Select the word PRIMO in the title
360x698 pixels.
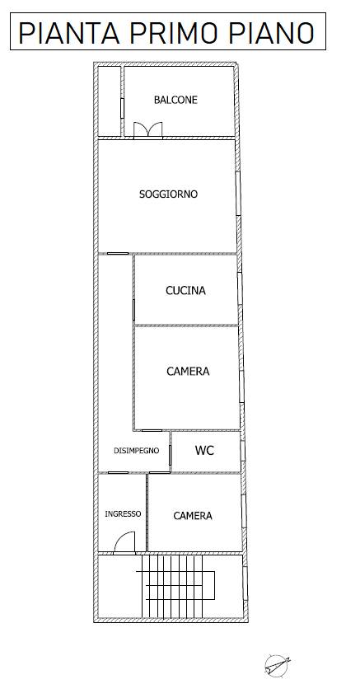(x=177, y=33)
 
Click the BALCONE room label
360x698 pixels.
(x=175, y=100)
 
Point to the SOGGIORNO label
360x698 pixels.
(x=168, y=194)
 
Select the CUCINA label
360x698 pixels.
(x=185, y=290)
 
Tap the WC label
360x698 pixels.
(x=204, y=451)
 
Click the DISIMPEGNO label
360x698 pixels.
(x=136, y=450)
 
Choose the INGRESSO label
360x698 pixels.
(x=123, y=513)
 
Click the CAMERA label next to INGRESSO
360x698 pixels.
(x=193, y=516)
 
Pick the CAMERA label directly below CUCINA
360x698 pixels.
(x=188, y=372)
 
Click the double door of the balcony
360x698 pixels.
(x=148, y=130)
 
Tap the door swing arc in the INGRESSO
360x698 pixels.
(x=124, y=541)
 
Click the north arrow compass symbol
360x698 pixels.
(x=276, y=665)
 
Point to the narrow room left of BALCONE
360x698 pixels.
(x=110, y=102)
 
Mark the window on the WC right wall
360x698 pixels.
(x=242, y=452)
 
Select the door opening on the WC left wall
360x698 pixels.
(x=171, y=452)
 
